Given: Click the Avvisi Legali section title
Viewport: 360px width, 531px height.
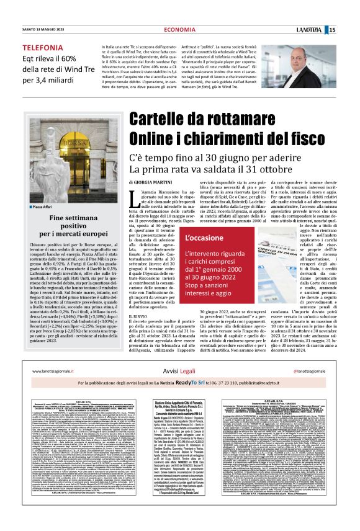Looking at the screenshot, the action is click(179, 371).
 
